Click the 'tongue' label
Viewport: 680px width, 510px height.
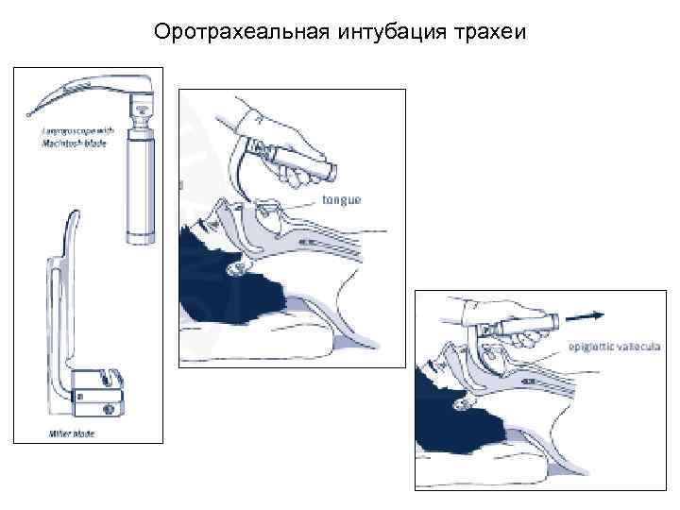tap(342, 199)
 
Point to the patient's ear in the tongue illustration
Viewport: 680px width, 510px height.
tap(236, 271)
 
